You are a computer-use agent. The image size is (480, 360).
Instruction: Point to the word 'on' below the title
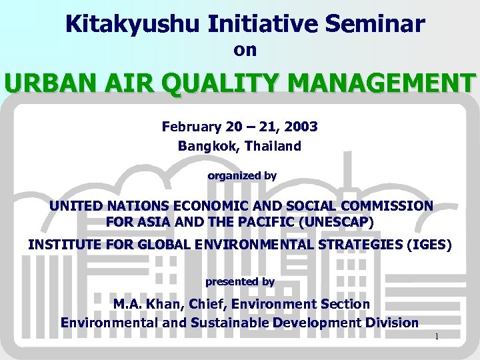point(245,51)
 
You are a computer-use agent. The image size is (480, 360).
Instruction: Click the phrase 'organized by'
point(242,176)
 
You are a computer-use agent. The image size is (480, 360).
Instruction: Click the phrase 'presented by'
point(240,282)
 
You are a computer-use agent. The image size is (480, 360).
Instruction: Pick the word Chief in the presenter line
point(206,304)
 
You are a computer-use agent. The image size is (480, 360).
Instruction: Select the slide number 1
point(437,337)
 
